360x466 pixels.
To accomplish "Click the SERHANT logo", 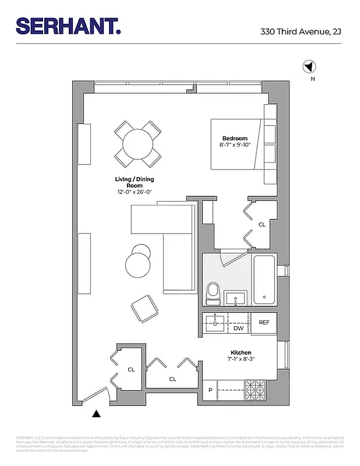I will (x=68, y=26).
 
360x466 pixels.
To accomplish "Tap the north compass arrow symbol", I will (x=309, y=67).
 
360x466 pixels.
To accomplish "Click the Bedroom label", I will (x=235, y=138).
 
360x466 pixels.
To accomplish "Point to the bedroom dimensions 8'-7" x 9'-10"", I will (x=234, y=145).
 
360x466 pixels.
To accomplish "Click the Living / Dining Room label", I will (x=135, y=182).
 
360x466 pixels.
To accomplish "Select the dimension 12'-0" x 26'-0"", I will (x=135, y=192).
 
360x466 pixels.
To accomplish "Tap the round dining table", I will (x=137, y=144).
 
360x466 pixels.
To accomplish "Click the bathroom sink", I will (x=236, y=298).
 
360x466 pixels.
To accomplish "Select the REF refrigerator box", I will (x=264, y=323).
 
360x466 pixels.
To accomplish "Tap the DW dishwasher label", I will (x=238, y=329).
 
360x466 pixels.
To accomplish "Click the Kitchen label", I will (x=241, y=353).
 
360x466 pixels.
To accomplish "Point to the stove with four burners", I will (x=255, y=389).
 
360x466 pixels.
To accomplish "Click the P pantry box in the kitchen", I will (x=210, y=390).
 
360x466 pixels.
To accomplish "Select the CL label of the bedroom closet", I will (x=262, y=224).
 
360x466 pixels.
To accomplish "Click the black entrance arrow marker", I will (x=97, y=414).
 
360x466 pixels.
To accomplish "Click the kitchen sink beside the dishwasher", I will (x=215, y=323).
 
